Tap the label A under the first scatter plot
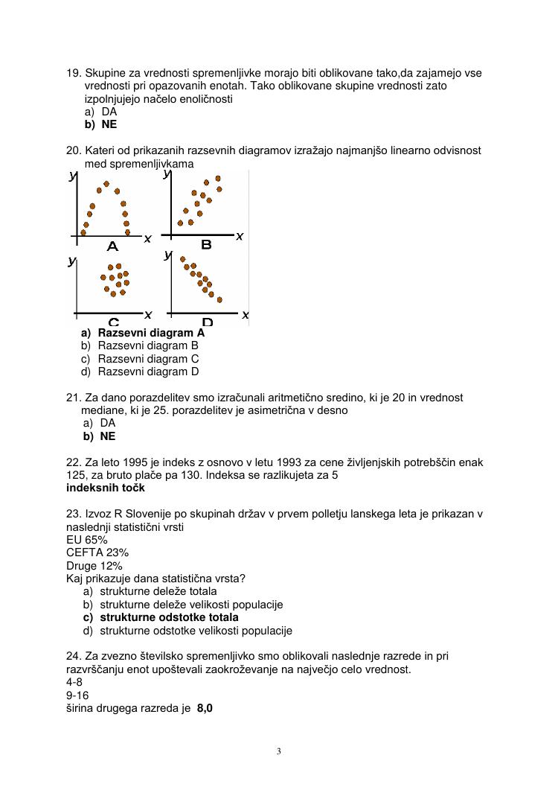pyautogui.click(x=113, y=246)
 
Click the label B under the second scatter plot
pyautogui.click(x=206, y=244)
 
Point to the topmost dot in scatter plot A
pyautogui.click(x=106, y=183)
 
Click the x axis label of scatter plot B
pyautogui.click(x=240, y=236)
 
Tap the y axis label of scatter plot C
pyautogui.click(x=71, y=261)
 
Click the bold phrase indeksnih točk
pyautogui.click(x=105, y=488)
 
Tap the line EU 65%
pyautogui.click(x=86, y=539)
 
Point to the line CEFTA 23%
pyautogui.click(x=97, y=552)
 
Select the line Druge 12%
pyautogui.click(x=94, y=566)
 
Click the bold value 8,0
pyautogui.click(x=205, y=709)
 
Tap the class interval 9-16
pyautogui.click(x=77, y=695)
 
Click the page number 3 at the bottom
pyautogui.click(x=278, y=751)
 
